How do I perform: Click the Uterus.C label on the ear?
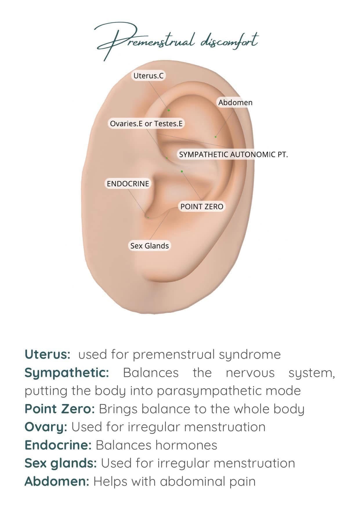[149, 76]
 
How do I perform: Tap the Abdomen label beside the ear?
[235, 103]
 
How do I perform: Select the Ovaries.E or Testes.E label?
[146, 124]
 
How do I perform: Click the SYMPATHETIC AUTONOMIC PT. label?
[233, 154]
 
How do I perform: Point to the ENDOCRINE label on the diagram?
[128, 184]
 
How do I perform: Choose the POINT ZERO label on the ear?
[202, 207]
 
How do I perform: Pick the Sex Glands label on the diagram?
[149, 246]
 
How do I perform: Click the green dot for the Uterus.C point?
[169, 110]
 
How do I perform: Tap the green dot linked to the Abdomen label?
[216, 137]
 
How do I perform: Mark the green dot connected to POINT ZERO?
[182, 171]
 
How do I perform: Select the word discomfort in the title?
[229, 41]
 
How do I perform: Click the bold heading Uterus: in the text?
[47, 354]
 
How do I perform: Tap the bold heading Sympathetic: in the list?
[67, 373]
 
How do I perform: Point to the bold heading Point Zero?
[60, 409]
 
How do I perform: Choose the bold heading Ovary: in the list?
[46, 427]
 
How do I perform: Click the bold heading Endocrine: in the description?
[58, 445]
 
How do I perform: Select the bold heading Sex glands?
[60, 463]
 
